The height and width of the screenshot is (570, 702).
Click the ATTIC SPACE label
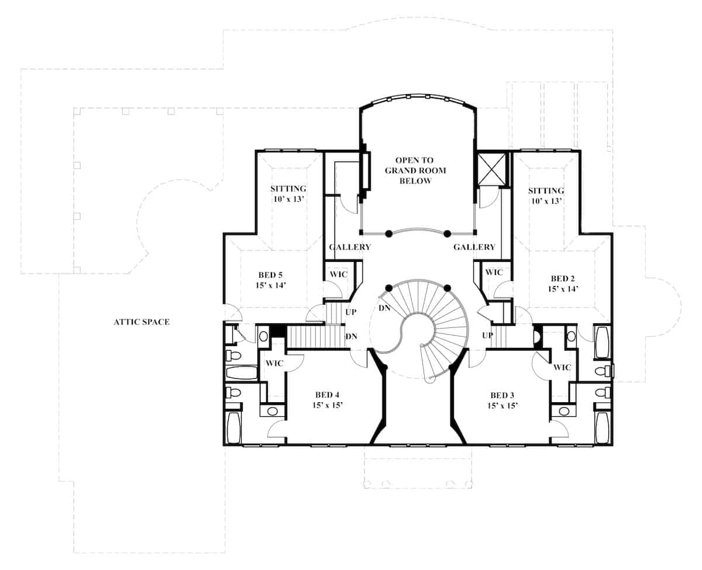pos(142,322)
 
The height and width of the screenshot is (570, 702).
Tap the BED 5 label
pos(270,275)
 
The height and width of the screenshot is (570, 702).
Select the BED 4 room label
pos(327,395)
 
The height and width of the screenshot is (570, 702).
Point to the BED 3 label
pos(503,395)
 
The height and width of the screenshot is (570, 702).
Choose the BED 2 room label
pos(563,279)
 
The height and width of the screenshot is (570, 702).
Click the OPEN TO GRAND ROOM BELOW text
pos(415,171)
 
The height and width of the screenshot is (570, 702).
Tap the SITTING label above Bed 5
pos(288,189)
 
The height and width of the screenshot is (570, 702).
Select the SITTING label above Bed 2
pos(546,191)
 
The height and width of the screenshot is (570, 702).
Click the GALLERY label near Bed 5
pos(350,247)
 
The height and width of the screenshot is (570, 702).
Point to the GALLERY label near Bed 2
pos(474,247)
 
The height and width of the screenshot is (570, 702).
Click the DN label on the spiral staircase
pos(384,308)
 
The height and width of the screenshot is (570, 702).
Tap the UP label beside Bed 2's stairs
pos(487,335)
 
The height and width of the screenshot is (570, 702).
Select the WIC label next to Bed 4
pos(274,363)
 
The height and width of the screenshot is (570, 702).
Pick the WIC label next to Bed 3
pos(562,367)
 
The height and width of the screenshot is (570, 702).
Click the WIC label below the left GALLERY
pos(339,274)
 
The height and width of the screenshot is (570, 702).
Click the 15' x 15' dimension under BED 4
pos(327,405)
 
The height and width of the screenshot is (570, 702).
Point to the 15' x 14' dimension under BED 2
pos(563,289)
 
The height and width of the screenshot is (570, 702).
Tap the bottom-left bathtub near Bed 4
pos(233,428)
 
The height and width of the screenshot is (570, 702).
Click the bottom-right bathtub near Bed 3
pos(603,428)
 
